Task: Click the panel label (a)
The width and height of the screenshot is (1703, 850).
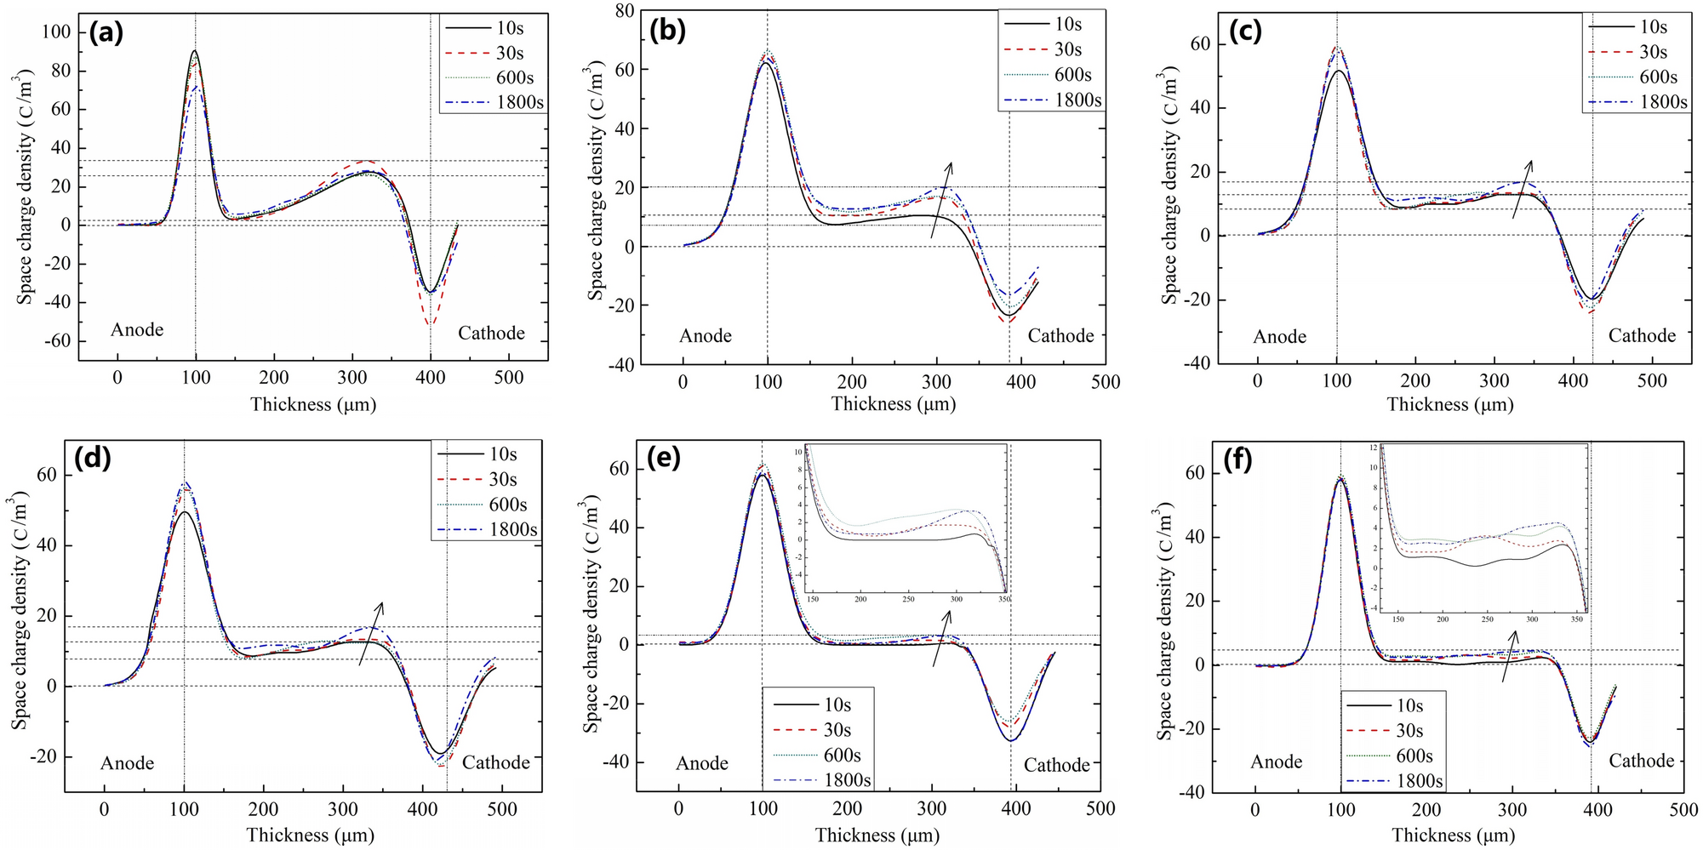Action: click(x=106, y=33)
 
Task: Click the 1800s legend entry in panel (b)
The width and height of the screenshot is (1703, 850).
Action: click(x=1053, y=100)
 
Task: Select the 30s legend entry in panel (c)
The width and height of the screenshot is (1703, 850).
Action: click(x=1634, y=52)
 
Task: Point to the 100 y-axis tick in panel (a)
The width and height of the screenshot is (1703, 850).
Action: click(x=56, y=32)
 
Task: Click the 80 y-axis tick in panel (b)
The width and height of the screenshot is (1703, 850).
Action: click(x=626, y=11)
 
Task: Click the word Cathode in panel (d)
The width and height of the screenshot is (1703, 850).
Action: click(x=495, y=762)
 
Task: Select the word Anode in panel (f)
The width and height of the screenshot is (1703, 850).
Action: click(x=1276, y=762)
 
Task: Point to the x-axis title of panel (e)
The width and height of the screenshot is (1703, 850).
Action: click(x=877, y=836)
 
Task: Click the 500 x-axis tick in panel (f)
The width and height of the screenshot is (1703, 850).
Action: click(x=1683, y=809)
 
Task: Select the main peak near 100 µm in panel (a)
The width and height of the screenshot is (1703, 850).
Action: click(x=196, y=51)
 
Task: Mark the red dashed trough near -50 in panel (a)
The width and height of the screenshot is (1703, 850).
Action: click(x=431, y=323)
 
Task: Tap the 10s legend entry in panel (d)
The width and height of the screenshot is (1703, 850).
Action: click(x=485, y=454)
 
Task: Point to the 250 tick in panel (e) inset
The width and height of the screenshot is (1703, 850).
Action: click(x=909, y=599)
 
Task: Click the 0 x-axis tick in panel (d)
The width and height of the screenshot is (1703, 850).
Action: click(x=104, y=809)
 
